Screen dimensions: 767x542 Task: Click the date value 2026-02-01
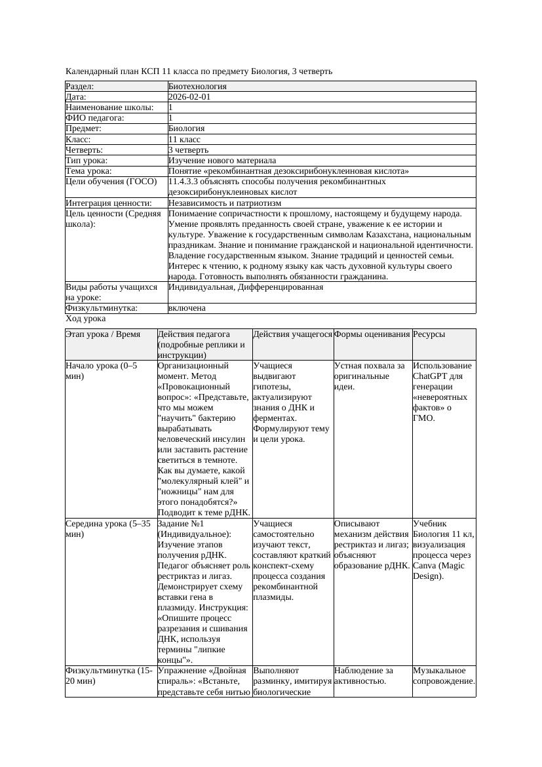coord(189,97)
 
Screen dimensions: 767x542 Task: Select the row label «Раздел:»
coord(80,87)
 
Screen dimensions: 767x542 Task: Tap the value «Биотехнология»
coord(197,87)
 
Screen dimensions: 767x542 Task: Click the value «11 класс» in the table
coord(184,140)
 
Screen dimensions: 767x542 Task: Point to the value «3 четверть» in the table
coord(188,150)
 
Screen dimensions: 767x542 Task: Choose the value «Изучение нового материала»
coord(222,161)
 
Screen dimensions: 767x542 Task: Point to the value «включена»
coord(187,308)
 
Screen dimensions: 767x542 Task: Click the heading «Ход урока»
coord(86,319)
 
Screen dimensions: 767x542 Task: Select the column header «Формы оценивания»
coord(372,334)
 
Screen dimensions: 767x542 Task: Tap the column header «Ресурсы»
coord(429,334)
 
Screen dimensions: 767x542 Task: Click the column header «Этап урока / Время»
coord(103,334)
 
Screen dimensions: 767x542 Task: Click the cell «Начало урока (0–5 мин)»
coord(102,371)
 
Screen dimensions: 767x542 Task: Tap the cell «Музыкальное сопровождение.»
coord(444,676)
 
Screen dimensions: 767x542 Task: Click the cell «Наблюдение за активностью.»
coord(364,676)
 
